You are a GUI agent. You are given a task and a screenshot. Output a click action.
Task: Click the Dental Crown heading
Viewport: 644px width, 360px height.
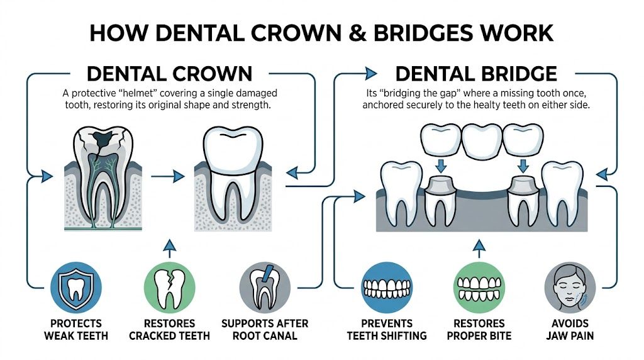tap(169, 74)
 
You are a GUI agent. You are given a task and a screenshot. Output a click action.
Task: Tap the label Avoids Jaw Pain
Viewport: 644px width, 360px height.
tap(569, 329)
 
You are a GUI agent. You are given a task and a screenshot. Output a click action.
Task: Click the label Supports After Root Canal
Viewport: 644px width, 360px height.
tap(265, 329)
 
